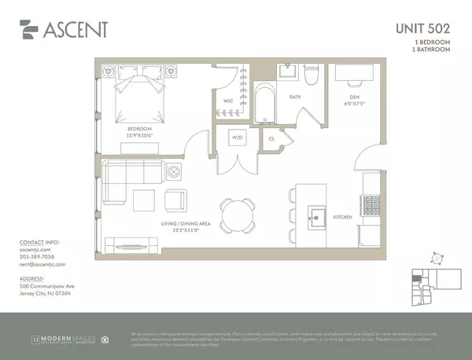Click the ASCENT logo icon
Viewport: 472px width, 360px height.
point(28,29)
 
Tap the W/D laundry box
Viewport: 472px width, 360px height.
point(237,139)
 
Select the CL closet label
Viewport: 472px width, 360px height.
point(271,139)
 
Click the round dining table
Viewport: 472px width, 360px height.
point(237,213)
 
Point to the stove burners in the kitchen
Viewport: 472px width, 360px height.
point(369,207)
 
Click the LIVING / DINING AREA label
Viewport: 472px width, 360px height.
point(186,224)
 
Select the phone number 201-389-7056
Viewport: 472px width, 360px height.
point(36,256)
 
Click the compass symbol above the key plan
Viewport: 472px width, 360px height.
point(436,257)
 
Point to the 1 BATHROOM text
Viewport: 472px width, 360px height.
point(432,50)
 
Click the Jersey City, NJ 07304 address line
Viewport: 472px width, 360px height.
point(45,293)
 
